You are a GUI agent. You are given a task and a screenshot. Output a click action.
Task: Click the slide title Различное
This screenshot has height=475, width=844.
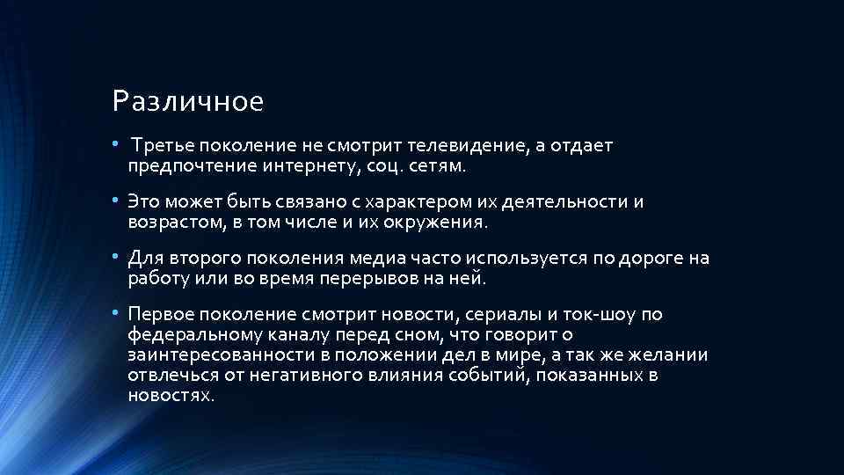click(x=188, y=103)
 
